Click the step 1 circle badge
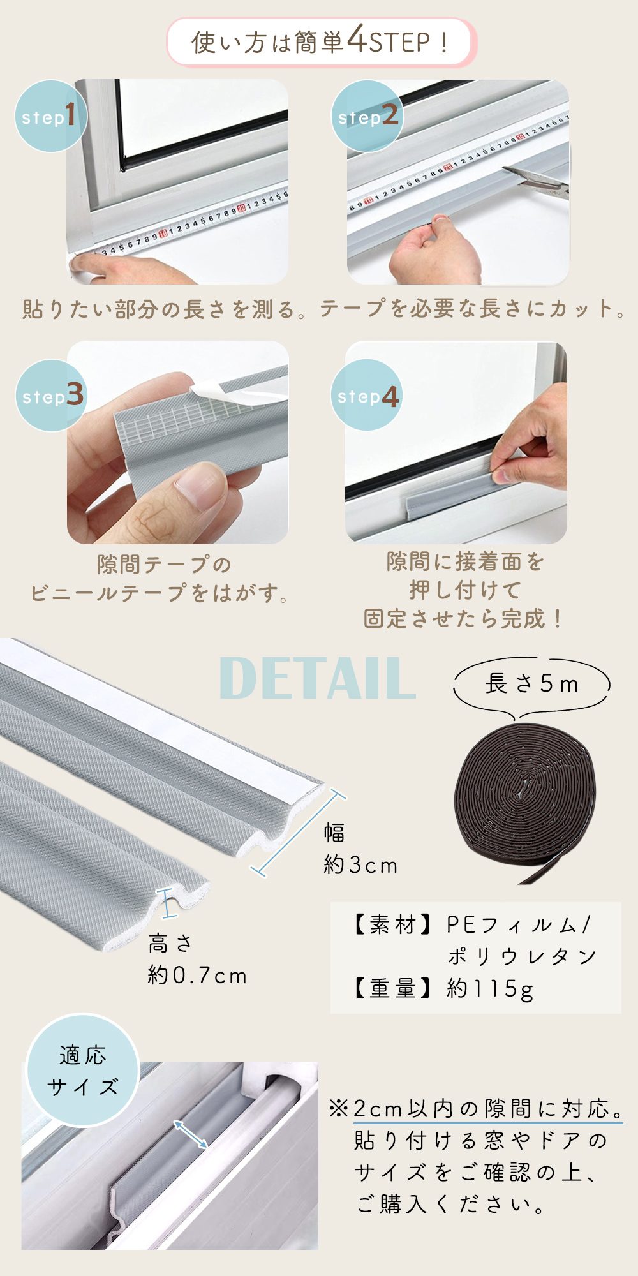[x=50, y=116]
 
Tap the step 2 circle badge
[x=367, y=116]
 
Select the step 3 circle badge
[x=51, y=396]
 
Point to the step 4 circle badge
[x=367, y=396]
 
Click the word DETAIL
[x=317, y=678]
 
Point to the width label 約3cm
[x=360, y=865]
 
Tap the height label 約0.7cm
[x=197, y=975]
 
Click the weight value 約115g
[x=490, y=988]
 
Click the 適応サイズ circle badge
[x=83, y=1071]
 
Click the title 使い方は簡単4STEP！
[x=321, y=43]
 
